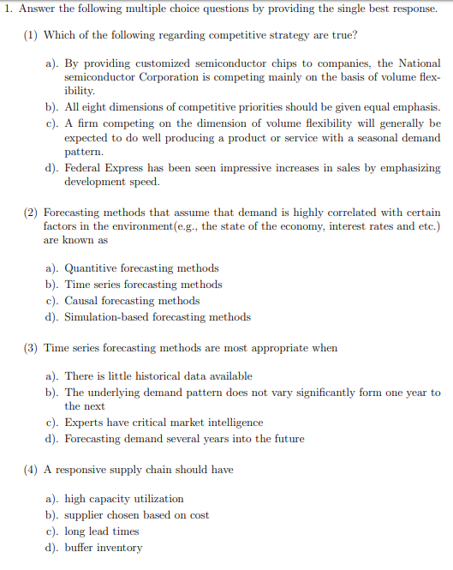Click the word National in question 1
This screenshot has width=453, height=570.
[x=420, y=63]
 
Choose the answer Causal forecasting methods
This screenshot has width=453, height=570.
[x=132, y=301]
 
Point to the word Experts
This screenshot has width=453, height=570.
[x=85, y=423]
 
